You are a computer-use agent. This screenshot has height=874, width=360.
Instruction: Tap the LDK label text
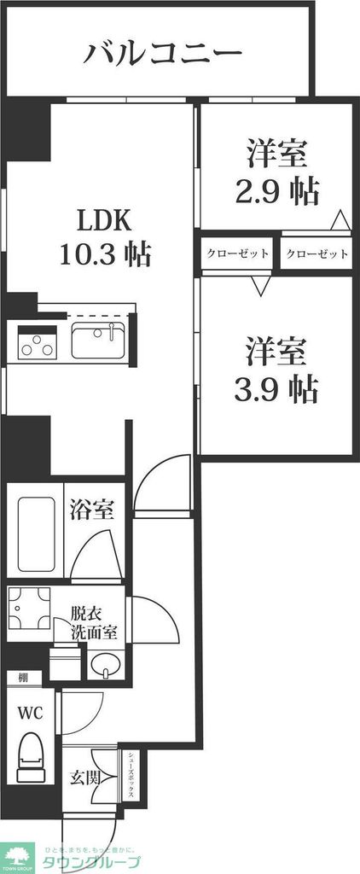point(104,221)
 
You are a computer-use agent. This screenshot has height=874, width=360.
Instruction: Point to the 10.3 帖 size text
point(106,253)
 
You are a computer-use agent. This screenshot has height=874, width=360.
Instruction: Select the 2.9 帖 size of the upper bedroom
point(277,190)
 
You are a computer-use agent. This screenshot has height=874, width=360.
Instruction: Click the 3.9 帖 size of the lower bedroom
point(276,388)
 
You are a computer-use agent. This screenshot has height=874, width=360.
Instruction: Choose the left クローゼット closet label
point(237,253)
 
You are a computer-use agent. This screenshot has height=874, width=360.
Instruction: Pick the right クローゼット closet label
point(316,253)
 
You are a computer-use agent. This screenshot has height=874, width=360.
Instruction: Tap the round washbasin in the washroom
point(106,665)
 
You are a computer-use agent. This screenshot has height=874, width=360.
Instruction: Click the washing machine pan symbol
point(29,609)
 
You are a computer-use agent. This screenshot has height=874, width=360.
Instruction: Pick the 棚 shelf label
point(23,678)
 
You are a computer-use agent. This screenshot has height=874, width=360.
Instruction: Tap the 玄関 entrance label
point(85,778)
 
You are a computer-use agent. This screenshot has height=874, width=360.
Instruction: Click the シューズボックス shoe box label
point(132,773)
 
